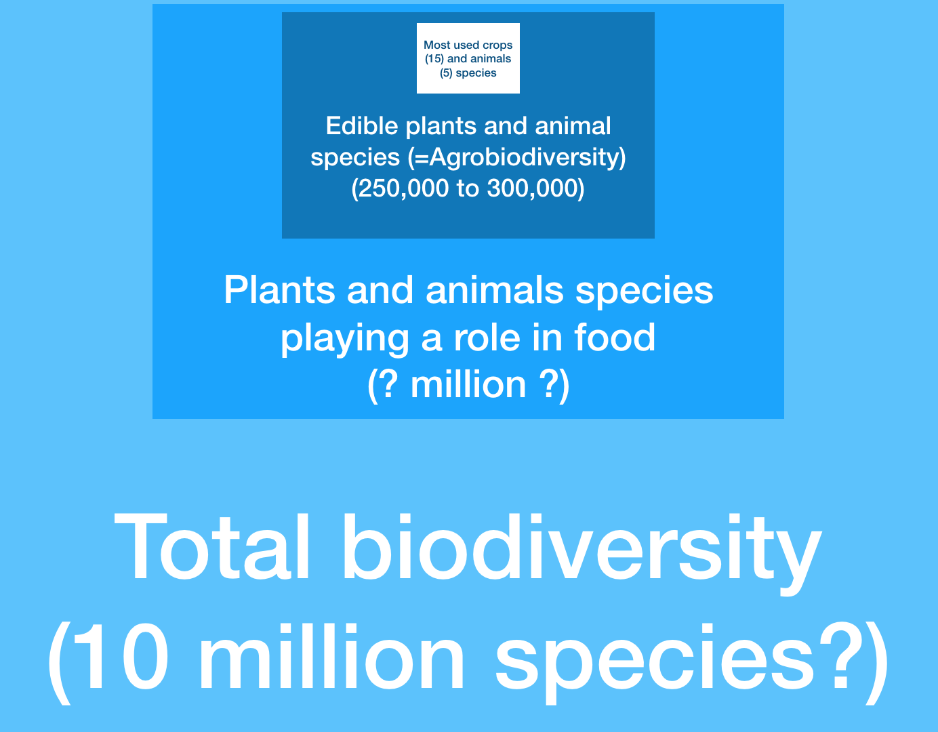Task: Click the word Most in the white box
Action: click(x=436, y=45)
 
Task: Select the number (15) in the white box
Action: click(x=434, y=59)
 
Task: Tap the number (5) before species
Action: click(x=446, y=73)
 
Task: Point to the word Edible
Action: click(x=362, y=125)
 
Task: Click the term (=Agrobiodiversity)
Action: click(x=516, y=157)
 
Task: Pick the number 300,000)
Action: click(x=535, y=188)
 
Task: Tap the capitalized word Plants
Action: click(x=279, y=290)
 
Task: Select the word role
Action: click(x=487, y=338)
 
